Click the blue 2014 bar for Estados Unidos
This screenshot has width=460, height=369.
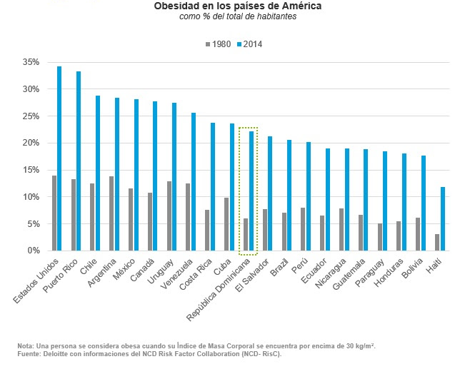pyautogui.click(x=59, y=158)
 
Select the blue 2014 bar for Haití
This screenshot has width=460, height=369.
pyautogui.click(x=442, y=218)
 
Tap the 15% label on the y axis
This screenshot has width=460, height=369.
pyautogui.click(x=29, y=170)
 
